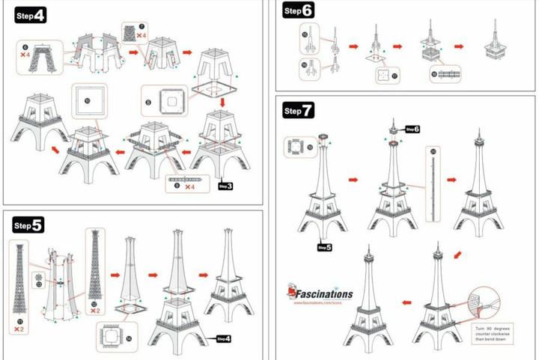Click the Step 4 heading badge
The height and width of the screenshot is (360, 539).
pos(31,16)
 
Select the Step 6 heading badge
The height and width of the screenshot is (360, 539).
pos(298,10)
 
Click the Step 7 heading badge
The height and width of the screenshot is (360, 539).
pos(298,112)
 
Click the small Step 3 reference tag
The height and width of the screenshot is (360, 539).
pos(225,186)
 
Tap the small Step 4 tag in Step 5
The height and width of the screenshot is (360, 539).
pos(224,338)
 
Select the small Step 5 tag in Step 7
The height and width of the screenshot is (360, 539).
pos(324,246)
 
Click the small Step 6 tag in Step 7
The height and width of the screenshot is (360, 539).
pos(412,129)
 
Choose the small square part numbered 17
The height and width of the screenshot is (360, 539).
pos(385,76)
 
